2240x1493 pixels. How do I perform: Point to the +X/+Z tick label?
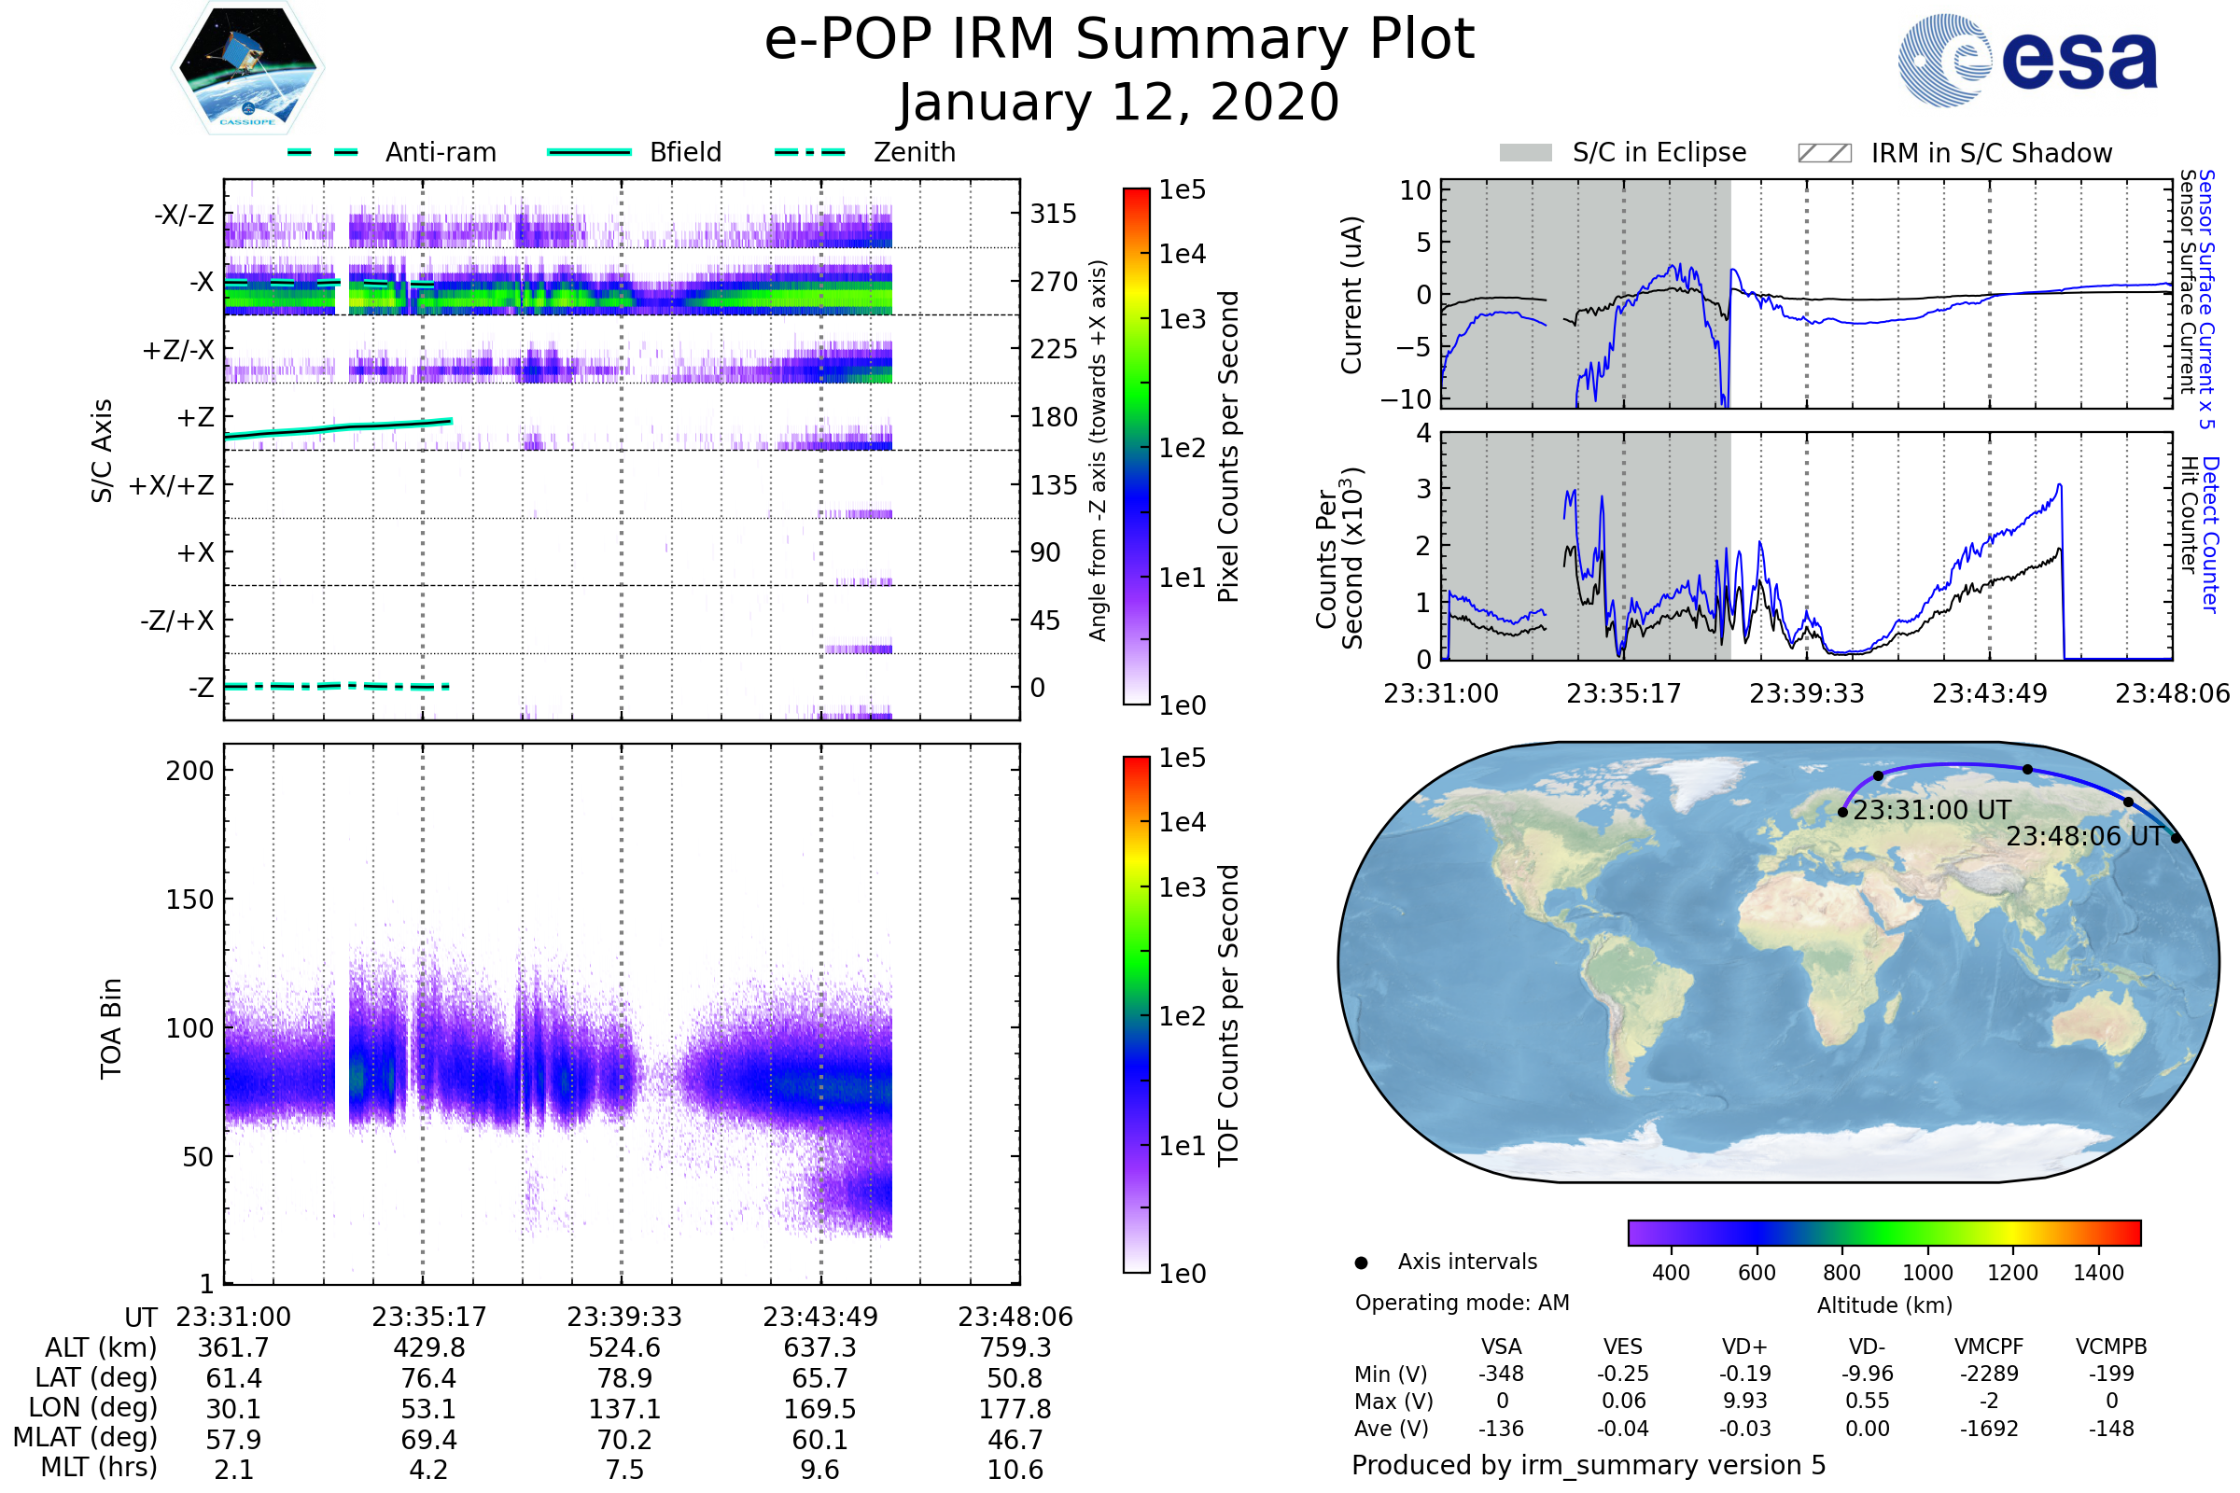tap(172, 485)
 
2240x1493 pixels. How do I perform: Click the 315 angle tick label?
tap(1053, 214)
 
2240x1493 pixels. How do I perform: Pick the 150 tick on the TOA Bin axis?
tap(189, 899)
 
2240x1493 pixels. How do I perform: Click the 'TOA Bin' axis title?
tap(110, 1028)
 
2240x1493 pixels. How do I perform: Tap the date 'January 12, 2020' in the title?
tap(1118, 103)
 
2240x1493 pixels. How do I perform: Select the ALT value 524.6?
tap(623, 1347)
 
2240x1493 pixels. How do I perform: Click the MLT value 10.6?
tap(1015, 1469)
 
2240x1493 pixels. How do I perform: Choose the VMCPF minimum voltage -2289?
tap(1989, 1374)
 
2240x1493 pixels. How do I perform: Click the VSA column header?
tap(1501, 1346)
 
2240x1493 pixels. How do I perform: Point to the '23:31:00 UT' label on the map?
tap(1931, 810)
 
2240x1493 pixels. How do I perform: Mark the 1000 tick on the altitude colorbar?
tap(1926, 1273)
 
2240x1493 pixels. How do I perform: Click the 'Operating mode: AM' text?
tap(1462, 1303)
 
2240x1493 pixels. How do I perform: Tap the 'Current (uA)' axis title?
tap(1351, 294)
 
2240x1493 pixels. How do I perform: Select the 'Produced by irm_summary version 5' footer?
tap(1588, 1464)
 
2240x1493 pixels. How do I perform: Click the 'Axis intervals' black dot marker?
tap(1361, 1263)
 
